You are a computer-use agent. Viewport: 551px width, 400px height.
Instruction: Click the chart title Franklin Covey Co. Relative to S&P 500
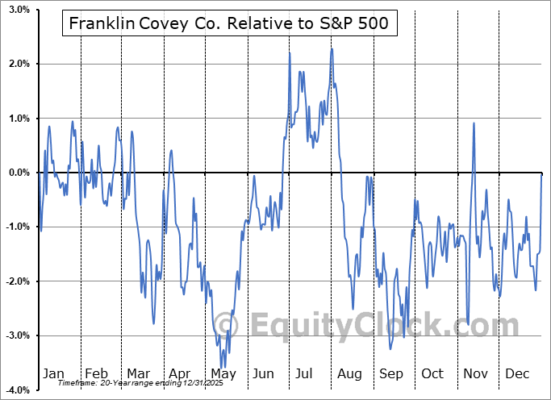pos(228,24)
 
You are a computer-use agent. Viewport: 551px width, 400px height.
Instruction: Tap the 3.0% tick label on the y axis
pos(18,10)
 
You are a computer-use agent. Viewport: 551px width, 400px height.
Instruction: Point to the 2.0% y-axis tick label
pos(18,64)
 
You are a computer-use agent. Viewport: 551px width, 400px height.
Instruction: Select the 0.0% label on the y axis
pos(18,173)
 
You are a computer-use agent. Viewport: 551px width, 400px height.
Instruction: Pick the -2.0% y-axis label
pos(16,281)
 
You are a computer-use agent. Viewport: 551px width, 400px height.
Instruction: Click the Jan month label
pos(53,373)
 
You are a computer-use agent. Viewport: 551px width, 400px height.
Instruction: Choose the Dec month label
pos(517,373)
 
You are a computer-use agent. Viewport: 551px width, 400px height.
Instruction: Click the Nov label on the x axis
pos(475,373)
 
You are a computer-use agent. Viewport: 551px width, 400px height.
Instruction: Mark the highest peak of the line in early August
pos(332,49)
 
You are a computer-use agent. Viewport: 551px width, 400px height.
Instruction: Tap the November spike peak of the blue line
pos(474,123)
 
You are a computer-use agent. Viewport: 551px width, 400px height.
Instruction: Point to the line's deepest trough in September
pos(390,349)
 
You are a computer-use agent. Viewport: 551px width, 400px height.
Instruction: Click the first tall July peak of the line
pos(290,52)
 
